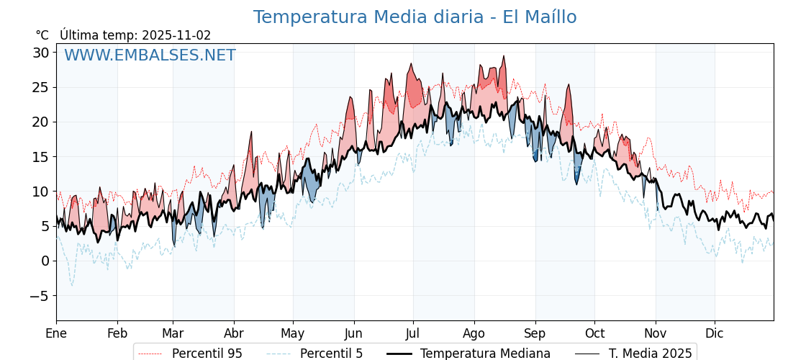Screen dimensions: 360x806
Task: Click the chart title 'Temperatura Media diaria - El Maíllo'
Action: [x=415, y=17]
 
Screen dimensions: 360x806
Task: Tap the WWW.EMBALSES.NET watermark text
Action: [x=150, y=55]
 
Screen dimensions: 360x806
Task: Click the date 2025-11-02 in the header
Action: [x=176, y=35]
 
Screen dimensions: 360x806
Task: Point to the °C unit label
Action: [x=42, y=35]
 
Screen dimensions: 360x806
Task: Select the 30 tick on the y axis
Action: [x=40, y=53]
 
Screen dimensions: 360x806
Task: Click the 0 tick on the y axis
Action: [x=45, y=261]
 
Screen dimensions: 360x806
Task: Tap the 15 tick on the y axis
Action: [x=40, y=157]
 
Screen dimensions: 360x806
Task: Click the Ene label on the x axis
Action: [x=56, y=333]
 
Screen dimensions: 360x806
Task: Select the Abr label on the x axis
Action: [x=234, y=333]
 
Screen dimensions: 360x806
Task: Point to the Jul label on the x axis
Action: [x=413, y=333]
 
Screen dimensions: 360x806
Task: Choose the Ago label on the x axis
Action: [x=474, y=333]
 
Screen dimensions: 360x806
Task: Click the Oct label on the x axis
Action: [x=594, y=333]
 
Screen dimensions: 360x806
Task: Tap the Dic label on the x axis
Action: [x=715, y=333]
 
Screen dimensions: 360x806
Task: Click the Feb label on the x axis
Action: [x=117, y=333]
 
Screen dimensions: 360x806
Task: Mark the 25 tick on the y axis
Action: [x=40, y=87]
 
